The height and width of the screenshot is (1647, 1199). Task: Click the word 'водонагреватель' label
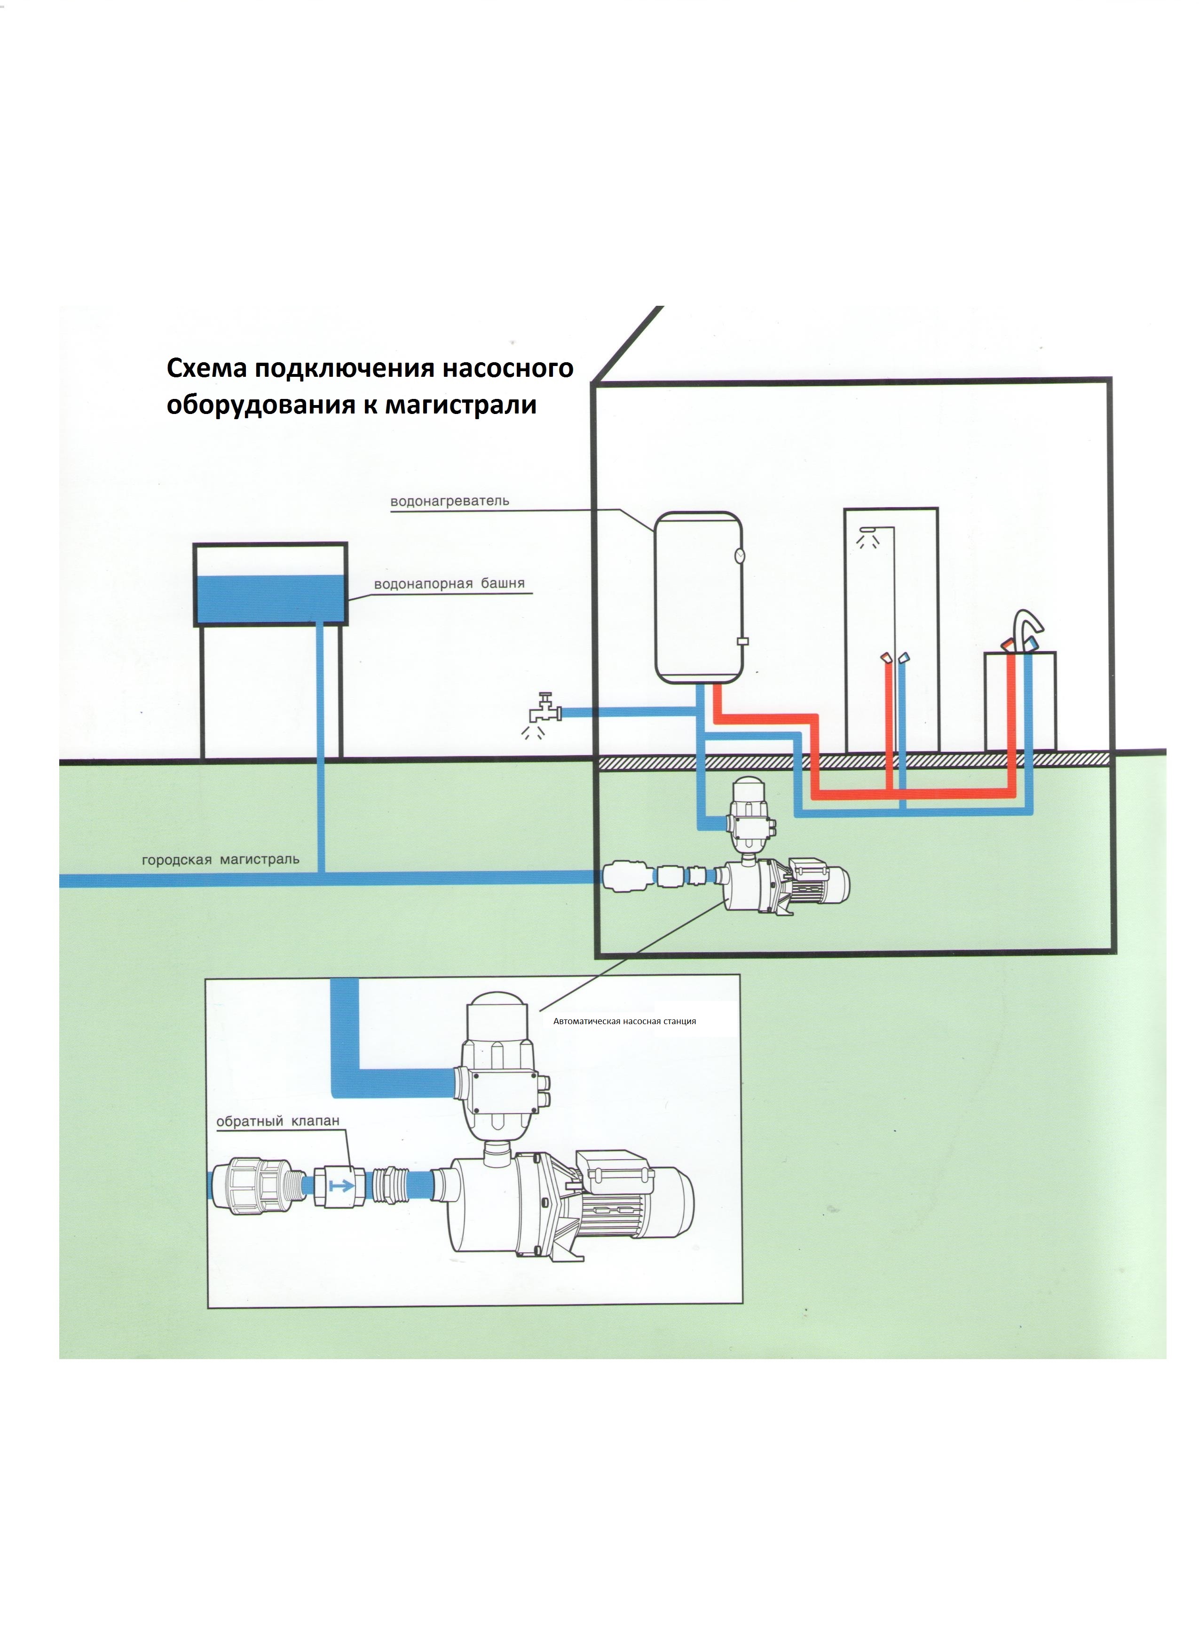(x=450, y=501)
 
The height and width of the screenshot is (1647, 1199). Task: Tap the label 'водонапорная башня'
(x=449, y=584)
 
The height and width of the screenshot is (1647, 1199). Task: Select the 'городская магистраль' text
(x=220, y=860)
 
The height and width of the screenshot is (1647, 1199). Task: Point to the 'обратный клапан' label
(x=278, y=1121)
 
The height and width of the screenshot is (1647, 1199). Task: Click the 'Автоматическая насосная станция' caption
(x=624, y=1021)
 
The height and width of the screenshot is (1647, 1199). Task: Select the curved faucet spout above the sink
(x=1028, y=625)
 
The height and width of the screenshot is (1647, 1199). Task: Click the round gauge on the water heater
(x=740, y=556)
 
